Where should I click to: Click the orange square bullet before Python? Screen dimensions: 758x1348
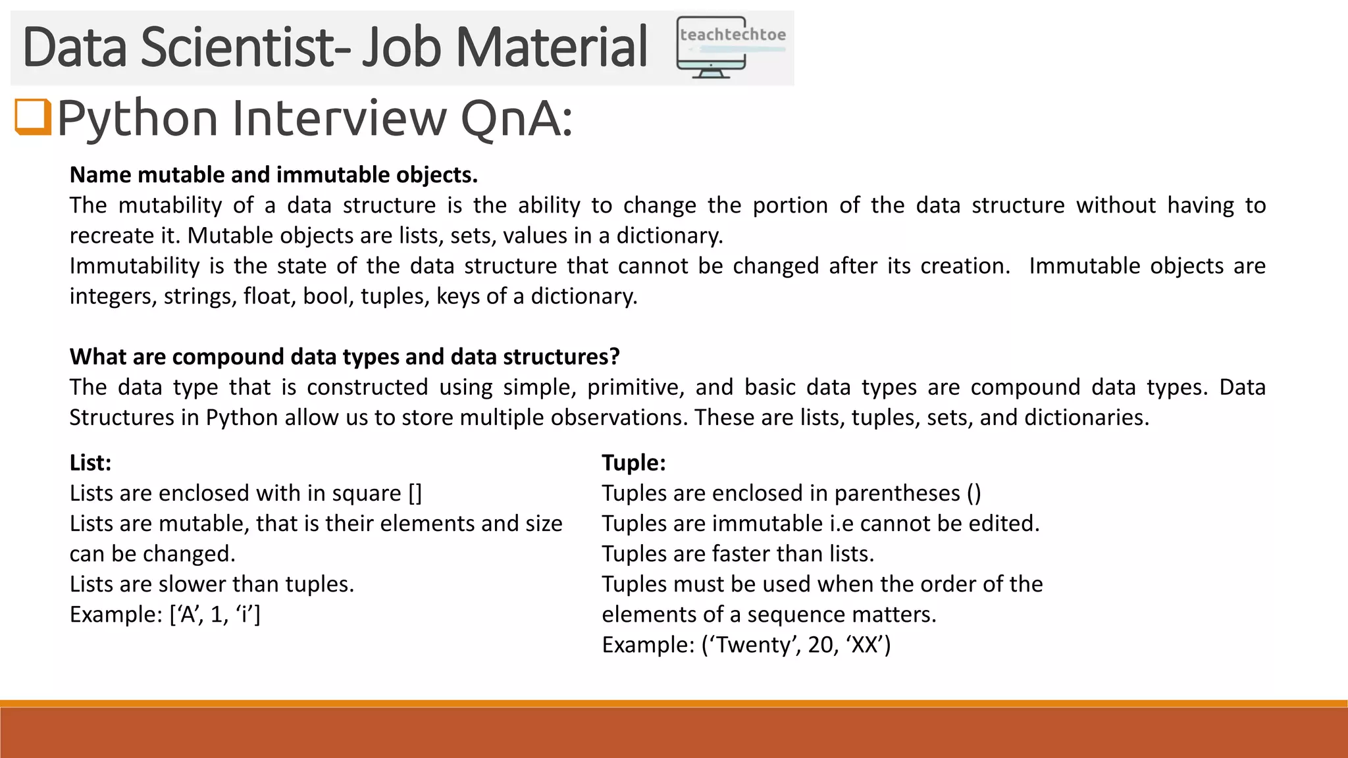pos(33,116)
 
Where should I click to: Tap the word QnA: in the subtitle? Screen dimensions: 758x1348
pos(517,119)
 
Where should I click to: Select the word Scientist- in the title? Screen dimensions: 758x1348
pos(244,47)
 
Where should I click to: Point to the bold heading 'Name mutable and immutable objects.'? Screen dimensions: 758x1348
pos(273,175)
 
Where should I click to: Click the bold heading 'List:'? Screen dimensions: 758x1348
pos(90,463)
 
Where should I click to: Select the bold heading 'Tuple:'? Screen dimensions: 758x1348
pos(633,463)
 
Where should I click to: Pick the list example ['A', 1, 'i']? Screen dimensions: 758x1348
pos(215,615)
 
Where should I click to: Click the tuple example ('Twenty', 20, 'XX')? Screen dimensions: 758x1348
pos(796,645)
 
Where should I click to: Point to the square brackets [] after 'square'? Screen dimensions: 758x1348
pos(415,493)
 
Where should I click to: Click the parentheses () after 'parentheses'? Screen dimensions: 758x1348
pos(974,493)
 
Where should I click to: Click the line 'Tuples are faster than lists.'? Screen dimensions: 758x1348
pos(737,554)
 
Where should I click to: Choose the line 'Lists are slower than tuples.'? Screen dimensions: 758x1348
pos(211,584)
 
